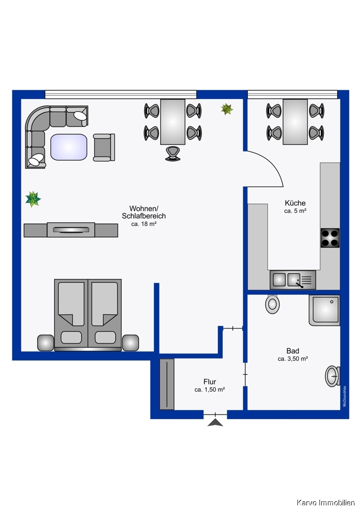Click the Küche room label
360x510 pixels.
click(x=295, y=203)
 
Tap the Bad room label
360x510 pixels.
click(x=293, y=351)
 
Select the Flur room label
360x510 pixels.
click(x=210, y=381)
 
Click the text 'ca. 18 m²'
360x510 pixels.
click(x=144, y=224)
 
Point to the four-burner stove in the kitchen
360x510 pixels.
click(x=330, y=238)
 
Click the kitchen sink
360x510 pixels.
click(x=293, y=280)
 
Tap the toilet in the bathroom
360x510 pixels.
click(x=272, y=304)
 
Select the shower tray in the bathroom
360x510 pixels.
click(x=324, y=310)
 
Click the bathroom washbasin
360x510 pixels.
click(x=332, y=376)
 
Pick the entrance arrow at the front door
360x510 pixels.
click(x=215, y=422)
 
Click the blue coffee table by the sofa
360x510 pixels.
click(x=69, y=147)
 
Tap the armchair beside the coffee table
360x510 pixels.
click(x=104, y=147)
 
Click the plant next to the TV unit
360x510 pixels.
click(x=33, y=199)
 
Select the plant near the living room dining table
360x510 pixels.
click(x=227, y=109)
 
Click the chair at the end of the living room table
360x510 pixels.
click(x=173, y=154)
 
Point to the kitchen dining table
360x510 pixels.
click(x=295, y=122)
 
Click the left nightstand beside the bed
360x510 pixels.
click(x=45, y=343)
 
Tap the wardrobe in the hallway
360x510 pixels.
click(x=167, y=384)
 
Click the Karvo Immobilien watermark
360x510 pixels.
click(x=325, y=503)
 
